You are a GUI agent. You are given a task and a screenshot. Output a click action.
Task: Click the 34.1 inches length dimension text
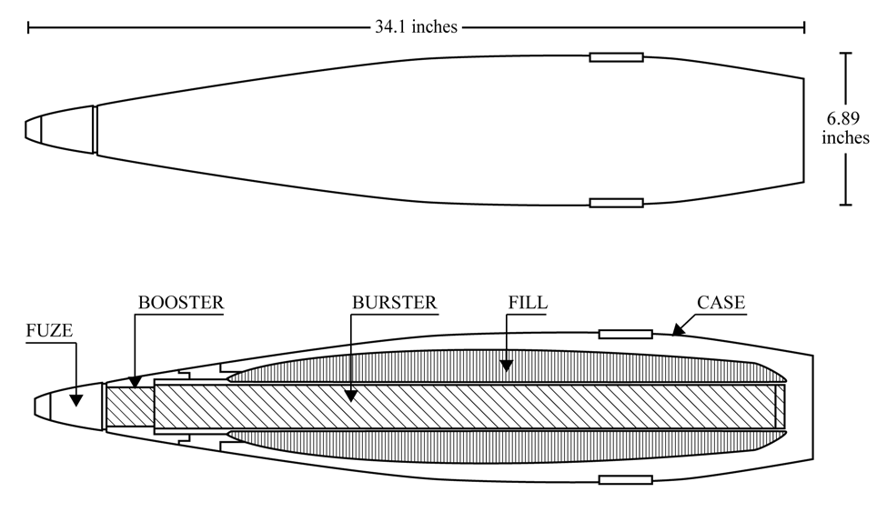pyautogui.click(x=416, y=26)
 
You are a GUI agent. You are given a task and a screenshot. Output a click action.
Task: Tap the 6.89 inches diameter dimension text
pyautogui.click(x=845, y=128)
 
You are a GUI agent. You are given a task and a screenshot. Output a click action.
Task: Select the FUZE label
pyautogui.click(x=49, y=330)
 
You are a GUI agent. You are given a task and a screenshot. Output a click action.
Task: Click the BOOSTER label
pyautogui.click(x=181, y=302)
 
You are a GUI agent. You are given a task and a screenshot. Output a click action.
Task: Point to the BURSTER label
pyautogui.click(x=394, y=302)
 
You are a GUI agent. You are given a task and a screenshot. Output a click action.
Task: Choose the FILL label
pyautogui.click(x=528, y=302)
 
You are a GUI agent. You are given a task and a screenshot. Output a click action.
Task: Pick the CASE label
pyautogui.click(x=721, y=302)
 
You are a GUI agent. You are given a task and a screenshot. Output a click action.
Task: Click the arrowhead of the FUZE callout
pyautogui.click(x=76, y=400)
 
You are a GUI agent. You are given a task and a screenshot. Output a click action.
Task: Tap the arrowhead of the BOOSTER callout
pyautogui.click(x=135, y=382)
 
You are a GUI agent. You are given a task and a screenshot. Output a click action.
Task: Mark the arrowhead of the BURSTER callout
pyautogui.click(x=351, y=396)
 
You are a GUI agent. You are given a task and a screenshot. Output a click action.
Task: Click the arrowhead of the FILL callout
pyautogui.click(x=507, y=366)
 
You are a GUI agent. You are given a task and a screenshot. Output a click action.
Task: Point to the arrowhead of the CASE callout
pyautogui.click(x=679, y=328)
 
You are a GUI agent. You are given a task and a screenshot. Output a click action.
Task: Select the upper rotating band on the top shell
pyautogui.click(x=616, y=57)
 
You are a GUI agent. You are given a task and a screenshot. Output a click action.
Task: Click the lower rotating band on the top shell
pyautogui.click(x=616, y=203)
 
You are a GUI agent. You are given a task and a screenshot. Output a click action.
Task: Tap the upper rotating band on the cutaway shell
pyautogui.click(x=626, y=335)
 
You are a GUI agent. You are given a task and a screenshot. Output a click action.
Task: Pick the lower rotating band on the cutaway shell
pyautogui.click(x=626, y=480)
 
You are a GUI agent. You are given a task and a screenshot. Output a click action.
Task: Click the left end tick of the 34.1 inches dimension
pyautogui.click(x=28, y=26)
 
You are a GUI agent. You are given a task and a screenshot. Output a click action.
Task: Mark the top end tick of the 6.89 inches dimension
pyautogui.click(x=846, y=53)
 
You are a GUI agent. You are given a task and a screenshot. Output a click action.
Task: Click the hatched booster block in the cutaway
pyautogui.click(x=130, y=407)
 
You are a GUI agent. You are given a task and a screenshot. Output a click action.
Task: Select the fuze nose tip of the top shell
pyautogui.click(x=26, y=129)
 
